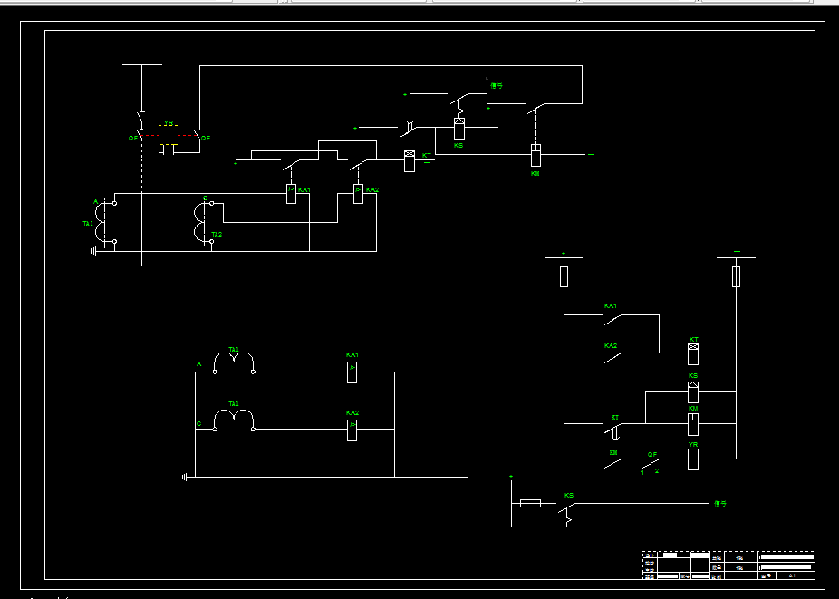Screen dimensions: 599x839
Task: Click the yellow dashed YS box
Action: tap(168, 135)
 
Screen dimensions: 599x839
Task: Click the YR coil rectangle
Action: tap(693, 459)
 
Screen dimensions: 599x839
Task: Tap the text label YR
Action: tap(693, 445)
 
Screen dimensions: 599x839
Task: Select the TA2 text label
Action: tap(217, 235)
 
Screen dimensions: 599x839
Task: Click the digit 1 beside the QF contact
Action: tap(642, 472)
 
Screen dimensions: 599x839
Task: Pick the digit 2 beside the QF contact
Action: tap(657, 471)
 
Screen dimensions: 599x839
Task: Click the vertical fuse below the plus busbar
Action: tap(564, 275)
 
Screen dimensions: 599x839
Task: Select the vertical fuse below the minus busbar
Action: tap(736, 275)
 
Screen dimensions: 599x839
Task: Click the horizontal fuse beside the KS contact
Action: tap(530, 503)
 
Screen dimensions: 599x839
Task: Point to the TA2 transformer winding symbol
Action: tap(198, 224)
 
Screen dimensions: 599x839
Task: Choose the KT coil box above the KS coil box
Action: tap(693, 347)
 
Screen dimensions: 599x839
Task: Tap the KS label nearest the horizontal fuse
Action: tap(569, 495)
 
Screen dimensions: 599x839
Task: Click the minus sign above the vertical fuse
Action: tap(737, 250)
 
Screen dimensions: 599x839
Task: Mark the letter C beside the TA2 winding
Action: tap(205, 198)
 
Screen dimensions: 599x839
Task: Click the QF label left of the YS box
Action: tap(133, 138)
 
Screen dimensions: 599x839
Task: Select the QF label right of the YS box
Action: tap(206, 138)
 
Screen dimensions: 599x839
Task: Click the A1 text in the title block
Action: tap(792, 575)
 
